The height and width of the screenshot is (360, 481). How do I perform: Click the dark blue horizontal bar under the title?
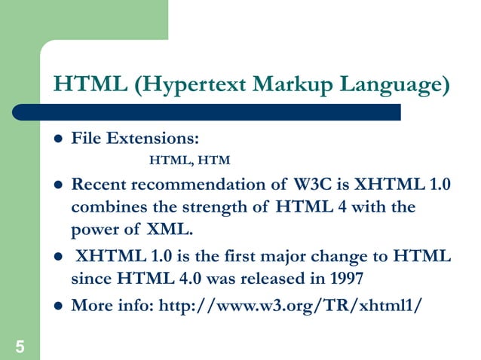(x=226, y=112)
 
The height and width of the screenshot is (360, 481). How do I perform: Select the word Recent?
(x=97, y=185)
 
